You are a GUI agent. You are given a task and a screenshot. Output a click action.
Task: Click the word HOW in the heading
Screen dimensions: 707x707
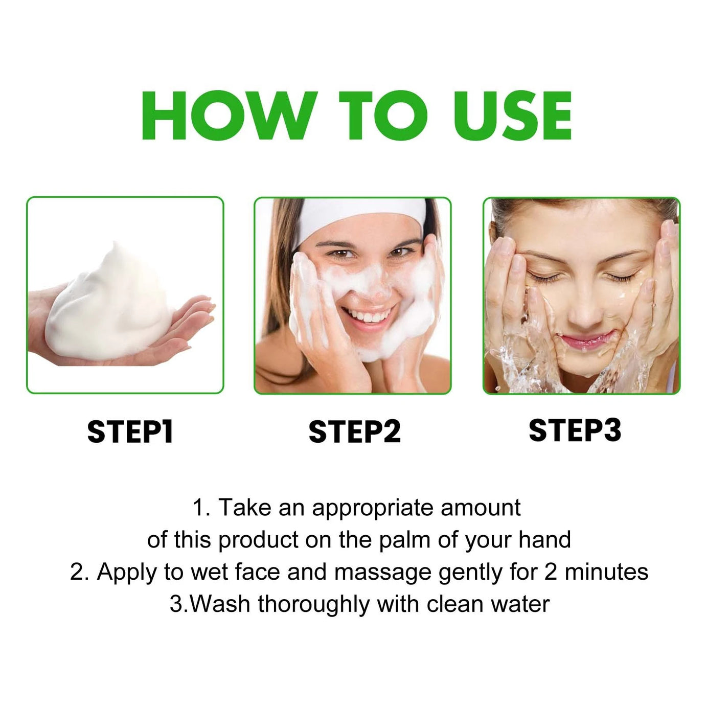[230, 116]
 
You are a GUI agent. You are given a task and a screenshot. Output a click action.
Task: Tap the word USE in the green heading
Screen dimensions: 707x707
[513, 116]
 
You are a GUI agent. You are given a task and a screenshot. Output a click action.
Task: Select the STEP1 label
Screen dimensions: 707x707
[130, 432]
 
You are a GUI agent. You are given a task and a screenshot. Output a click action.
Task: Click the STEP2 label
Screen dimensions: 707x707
[354, 432]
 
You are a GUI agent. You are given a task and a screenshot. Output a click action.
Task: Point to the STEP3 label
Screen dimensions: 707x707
[575, 430]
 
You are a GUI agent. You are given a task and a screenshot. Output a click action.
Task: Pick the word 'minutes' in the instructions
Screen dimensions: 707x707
[606, 573]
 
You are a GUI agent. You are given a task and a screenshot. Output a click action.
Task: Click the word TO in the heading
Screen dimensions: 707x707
[383, 116]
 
